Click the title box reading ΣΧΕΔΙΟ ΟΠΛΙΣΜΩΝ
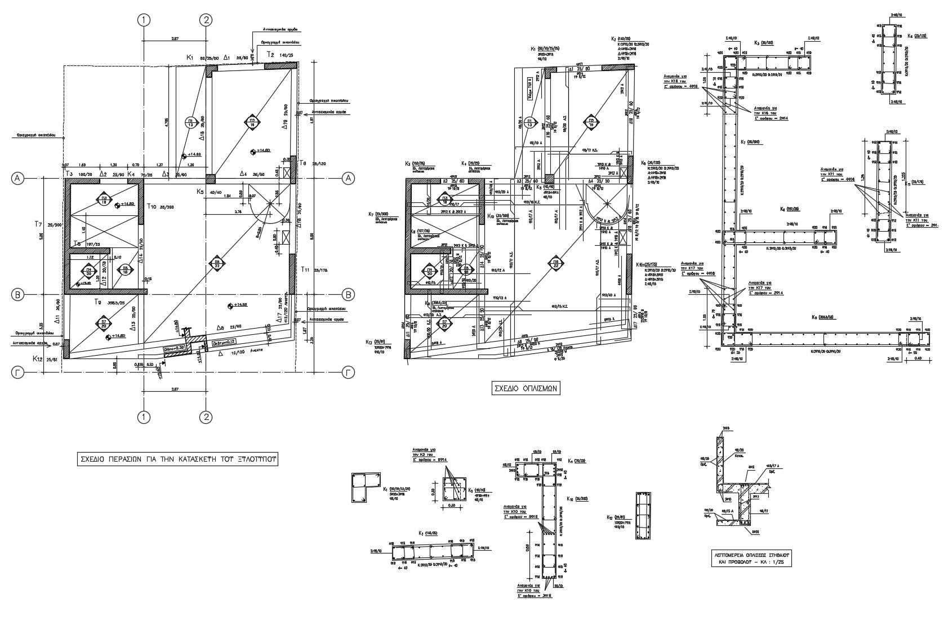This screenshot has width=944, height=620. tap(526, 388)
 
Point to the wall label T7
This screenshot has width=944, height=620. tap(38, 224)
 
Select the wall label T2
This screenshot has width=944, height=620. tap(270, 55)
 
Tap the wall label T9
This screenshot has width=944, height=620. tap(98, 302)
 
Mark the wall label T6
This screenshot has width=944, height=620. tap(303, 163)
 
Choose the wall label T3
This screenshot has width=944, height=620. tap(69, 174)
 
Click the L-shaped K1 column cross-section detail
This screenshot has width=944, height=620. tap(363, 488)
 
